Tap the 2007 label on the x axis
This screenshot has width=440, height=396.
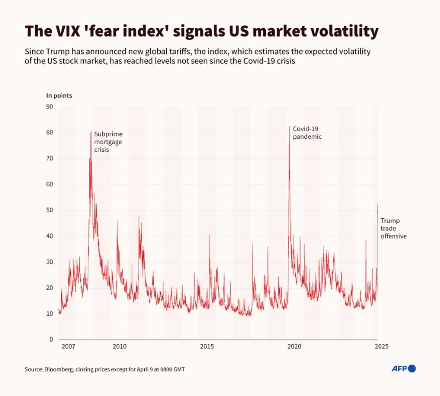point(68,346)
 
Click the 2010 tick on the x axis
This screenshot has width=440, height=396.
point(120,346)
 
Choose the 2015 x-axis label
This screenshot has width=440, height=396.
point(207,346)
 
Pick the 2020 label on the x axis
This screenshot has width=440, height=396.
point(294,346)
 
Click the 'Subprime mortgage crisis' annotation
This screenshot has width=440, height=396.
point(108,142)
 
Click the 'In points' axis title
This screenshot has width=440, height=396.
point(59,95)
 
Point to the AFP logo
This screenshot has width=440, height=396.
point(404,368)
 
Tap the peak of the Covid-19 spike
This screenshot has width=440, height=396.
point(290,126)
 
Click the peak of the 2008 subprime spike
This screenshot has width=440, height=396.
point(92,131)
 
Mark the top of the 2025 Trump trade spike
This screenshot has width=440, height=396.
point(378,205)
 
